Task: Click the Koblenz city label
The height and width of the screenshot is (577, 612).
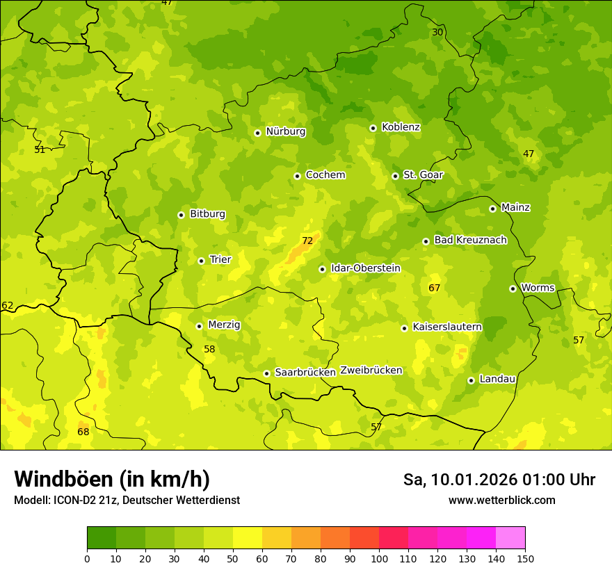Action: (401, 127)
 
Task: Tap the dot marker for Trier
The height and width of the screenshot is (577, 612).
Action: (201, 261)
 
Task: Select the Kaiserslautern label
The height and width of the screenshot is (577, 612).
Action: (447, 327)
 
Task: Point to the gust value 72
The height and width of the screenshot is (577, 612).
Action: (307, 241)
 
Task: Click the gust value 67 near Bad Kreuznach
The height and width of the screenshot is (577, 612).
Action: (434, 288)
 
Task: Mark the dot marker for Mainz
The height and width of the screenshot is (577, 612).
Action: (492, 209)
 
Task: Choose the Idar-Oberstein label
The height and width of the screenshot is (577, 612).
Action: (365, 268)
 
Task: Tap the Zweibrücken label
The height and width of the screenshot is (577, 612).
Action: (371, 370)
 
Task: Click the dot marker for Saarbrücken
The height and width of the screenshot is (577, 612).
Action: (266, 373)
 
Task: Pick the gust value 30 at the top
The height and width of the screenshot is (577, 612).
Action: (437, 32)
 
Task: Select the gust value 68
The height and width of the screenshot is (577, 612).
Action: (83, 432)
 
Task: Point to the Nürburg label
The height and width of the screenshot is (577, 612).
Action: (285, 131)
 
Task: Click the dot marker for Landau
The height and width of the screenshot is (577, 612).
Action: (471, 380)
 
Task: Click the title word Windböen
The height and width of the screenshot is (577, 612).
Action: (63, 479)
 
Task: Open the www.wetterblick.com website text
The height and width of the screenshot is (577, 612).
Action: (501, 500)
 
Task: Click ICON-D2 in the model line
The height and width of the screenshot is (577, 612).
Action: (74, 500)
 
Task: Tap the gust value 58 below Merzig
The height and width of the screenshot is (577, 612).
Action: (209, 349)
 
